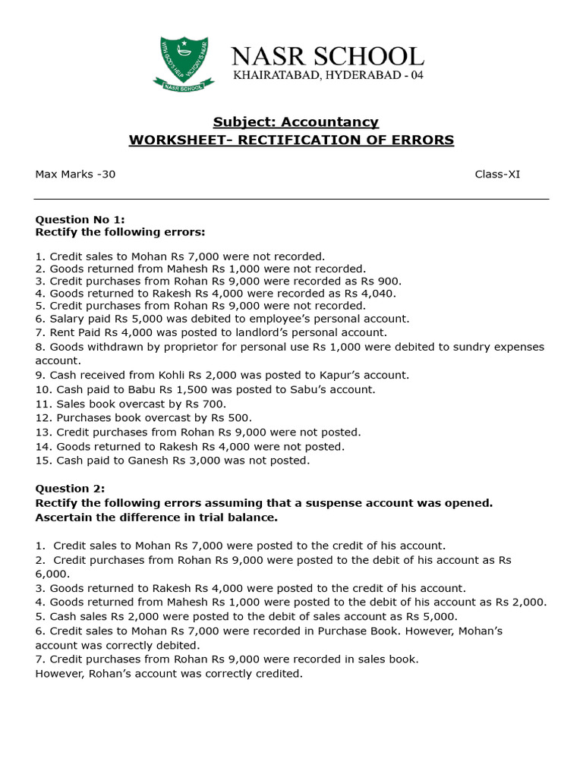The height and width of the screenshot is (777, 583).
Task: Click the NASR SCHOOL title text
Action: [327, 57]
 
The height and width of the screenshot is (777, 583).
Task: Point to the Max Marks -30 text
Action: [75, 175]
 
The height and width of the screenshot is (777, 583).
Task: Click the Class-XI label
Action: [497, 175]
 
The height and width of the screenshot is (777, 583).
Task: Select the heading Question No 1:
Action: [80, 219]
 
